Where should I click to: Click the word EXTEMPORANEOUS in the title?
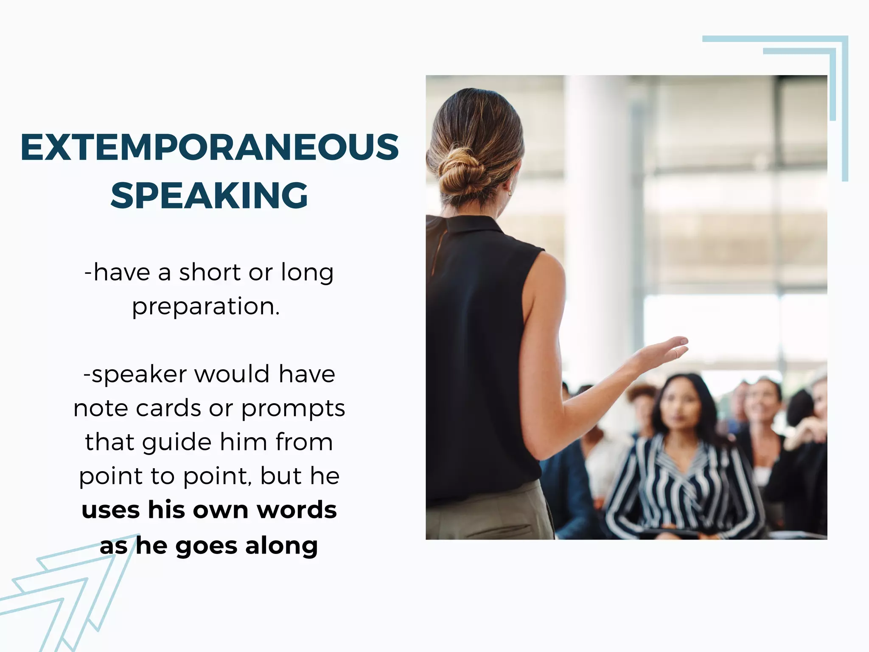coord(210,147)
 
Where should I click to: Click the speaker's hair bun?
coord(460,172)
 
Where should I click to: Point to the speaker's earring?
coord(510,193)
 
